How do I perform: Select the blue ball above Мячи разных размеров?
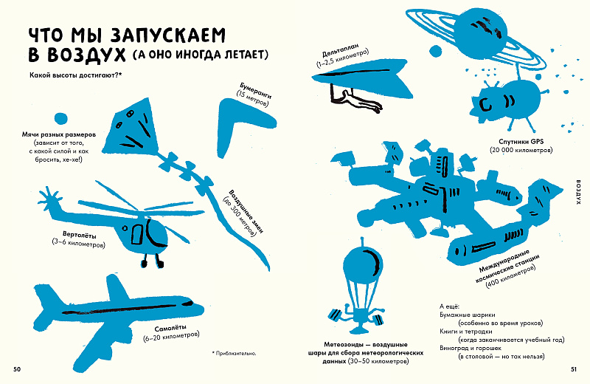[x=60, y=119]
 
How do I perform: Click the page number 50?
[x=17, y=369]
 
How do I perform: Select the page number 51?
[x=573, y=369]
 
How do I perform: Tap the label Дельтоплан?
[x=341, y=53]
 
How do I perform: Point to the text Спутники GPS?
[x=521, y=142]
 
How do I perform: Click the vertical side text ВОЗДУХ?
[x=578, y=191]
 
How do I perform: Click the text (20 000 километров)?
[x=521, y=150]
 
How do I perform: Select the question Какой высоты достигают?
[x=76, y=75]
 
